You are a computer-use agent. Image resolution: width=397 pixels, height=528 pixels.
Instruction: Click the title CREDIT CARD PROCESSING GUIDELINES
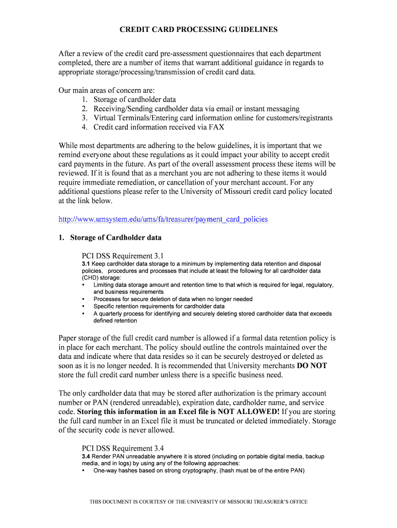(198, 29)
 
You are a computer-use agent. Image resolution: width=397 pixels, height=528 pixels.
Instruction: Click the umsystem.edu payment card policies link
(163, 219)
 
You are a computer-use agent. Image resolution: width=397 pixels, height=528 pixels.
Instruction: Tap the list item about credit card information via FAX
(159, 127)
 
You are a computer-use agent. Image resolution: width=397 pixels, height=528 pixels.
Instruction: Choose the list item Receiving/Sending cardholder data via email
(196, 109)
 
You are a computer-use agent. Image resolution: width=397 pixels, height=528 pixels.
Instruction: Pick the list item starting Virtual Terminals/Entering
(212, 118)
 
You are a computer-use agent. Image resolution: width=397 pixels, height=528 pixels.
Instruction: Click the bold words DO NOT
(312, 366)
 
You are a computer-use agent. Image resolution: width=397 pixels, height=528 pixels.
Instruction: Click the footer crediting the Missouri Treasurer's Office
(198, 502)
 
